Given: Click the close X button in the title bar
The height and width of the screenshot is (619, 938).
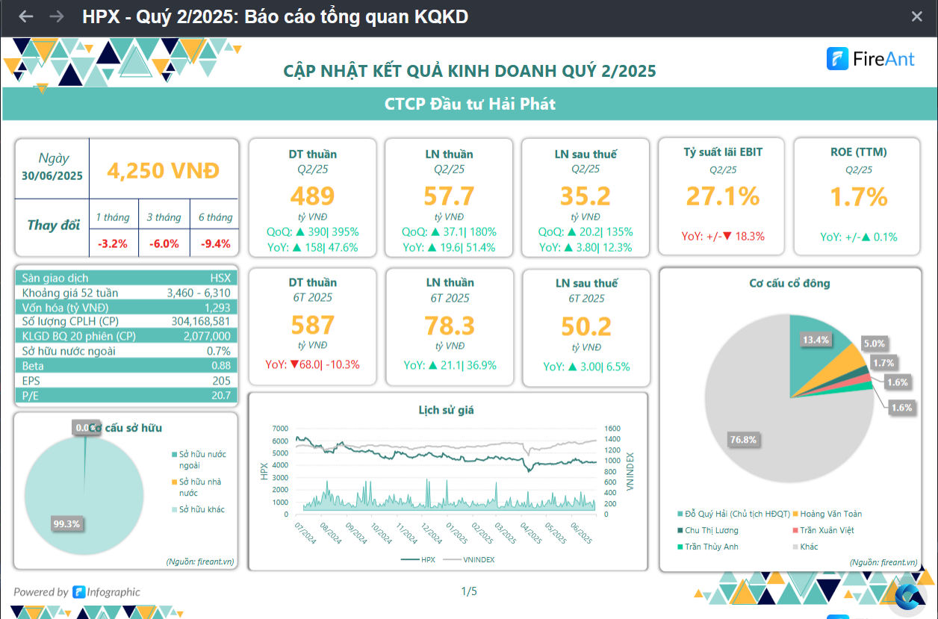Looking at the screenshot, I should click(917, 16).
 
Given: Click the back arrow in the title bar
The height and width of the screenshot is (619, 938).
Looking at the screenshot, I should click(26, 16).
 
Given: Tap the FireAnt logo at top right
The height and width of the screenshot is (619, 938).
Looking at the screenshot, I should click(870, 59).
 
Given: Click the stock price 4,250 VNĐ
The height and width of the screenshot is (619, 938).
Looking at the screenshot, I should click(164, 170).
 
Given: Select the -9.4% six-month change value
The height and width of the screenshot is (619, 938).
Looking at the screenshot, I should click(214, 243).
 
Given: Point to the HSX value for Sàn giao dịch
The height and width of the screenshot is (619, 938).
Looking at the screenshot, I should click(220, 278).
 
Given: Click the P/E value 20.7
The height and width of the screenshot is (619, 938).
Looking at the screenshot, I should click(221, 396).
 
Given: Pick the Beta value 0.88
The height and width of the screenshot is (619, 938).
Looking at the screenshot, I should click(221, 366).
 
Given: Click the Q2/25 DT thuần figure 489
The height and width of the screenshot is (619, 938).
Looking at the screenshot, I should click(312, 196).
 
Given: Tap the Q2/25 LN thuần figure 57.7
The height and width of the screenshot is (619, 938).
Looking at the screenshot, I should click(449, 196).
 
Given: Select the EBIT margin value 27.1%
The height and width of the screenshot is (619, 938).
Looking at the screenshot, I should click(723, 196).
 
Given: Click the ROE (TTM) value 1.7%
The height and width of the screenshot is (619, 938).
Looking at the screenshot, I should click(859, 196).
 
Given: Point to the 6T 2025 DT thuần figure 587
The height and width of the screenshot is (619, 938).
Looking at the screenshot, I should click(312, 325).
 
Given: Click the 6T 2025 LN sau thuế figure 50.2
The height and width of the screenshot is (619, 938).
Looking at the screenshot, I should click(586, 326).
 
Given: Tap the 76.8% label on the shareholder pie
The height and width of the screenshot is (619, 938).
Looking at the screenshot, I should click(743, 440).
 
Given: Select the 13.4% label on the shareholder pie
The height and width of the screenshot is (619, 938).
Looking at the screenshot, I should click(816, 340).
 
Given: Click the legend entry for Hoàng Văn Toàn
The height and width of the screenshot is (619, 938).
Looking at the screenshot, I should click(830, 514).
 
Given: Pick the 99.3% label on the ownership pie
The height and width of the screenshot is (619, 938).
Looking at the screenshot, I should click(66, 523).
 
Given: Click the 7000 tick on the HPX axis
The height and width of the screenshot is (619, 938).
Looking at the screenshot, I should click(280, 429).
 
